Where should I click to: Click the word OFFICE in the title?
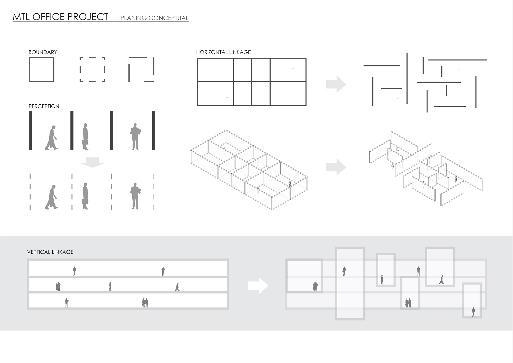[48, 17]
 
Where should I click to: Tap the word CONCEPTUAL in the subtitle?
[168, 18]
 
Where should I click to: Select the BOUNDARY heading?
[43, 52]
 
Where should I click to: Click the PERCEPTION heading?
[44, 106]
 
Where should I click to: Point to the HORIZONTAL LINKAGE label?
[223, 52]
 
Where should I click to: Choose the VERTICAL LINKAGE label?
[50, 252]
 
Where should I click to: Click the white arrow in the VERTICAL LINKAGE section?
[258, 286]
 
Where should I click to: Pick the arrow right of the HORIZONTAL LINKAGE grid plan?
[336, 84]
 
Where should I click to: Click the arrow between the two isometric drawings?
[336, 167]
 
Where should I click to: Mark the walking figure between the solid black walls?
[52, 138]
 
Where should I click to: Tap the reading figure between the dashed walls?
[135, 196]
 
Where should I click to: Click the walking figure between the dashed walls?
[52, 197]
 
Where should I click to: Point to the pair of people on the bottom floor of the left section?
[145, 303]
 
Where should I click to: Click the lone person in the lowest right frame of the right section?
[473, 312]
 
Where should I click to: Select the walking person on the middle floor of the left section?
[177, 287]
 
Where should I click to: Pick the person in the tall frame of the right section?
[344, 271]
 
